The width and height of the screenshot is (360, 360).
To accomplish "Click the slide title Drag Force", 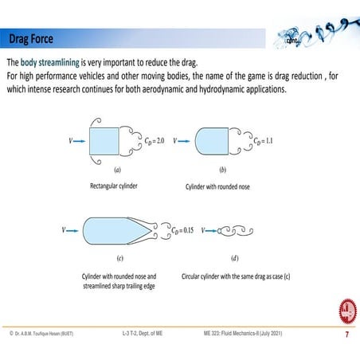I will coord(31,38).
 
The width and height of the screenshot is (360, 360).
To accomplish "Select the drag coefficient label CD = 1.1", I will coord(252,141).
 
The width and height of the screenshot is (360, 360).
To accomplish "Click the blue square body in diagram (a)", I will coord(104,141).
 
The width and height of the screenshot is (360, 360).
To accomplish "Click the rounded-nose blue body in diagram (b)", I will coord(209,141).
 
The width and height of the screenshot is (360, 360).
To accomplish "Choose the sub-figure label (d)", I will coord(234,258).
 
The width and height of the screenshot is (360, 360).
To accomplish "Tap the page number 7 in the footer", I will coord(346,335).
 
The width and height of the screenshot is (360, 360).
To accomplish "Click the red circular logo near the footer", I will coord(347,310).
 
